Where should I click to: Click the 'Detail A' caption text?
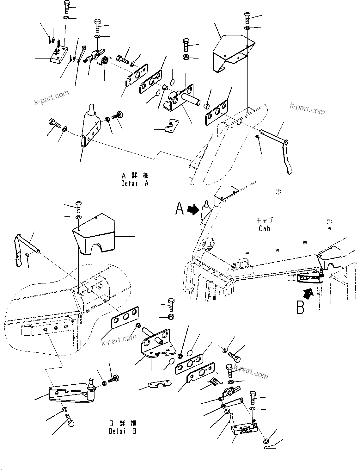[x=135, y=183]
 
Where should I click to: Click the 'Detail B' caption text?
[x=123, y=431]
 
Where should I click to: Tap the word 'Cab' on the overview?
[x=264, y=228]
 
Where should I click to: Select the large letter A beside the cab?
[x=180, y=209]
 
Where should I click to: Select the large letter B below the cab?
[x=300, y=307]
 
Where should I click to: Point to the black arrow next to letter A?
[x=192, y=209]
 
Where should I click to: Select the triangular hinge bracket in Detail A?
[x=90, y=127]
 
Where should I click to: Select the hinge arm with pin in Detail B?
[x=71, y=390]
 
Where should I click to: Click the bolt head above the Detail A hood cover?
[x=247, y=17]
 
